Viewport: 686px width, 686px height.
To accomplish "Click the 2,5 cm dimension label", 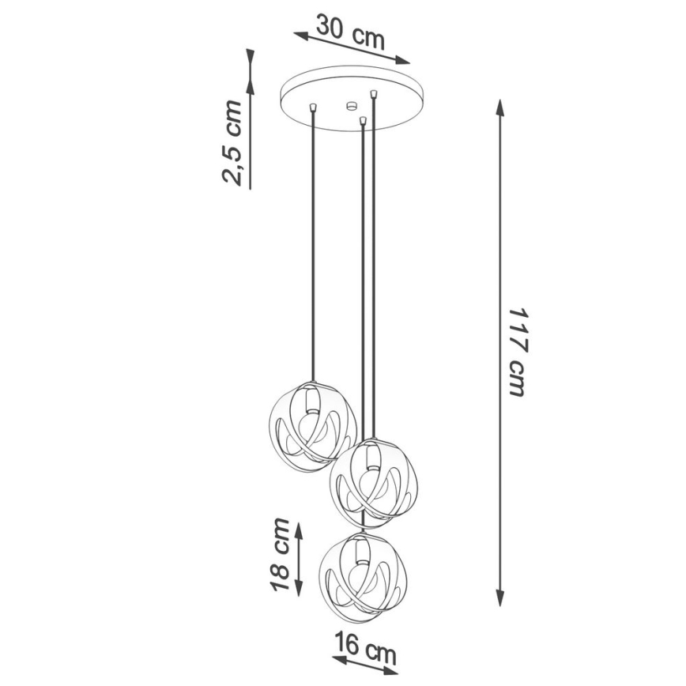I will coord(232,143).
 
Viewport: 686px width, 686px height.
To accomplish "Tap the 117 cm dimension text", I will coord(517,352).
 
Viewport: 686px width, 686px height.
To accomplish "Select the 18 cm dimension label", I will coord(280,555).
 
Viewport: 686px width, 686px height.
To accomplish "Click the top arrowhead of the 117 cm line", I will coord(499,107).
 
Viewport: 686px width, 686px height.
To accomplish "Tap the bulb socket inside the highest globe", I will coord(310,401).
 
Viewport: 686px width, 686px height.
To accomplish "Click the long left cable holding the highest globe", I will coord(315,253).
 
